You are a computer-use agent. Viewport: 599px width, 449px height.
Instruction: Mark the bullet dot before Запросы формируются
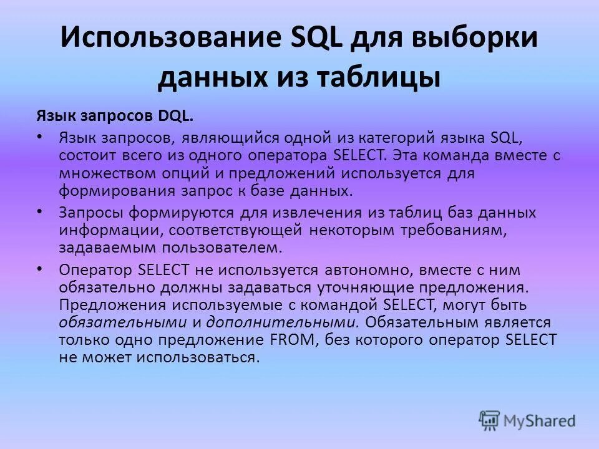[x=40, y=211]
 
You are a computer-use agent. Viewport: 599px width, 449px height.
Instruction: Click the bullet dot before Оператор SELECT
[x=40, y=269]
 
